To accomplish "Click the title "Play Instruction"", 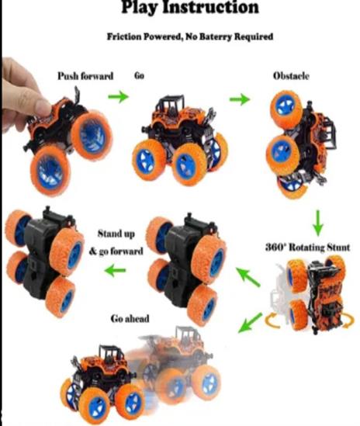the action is coord(189,7).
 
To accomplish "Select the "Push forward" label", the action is coord(85,76).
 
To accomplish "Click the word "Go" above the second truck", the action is coord(139,75).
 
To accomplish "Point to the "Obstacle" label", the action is coord(291,76).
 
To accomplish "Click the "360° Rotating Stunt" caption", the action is coord(307,248).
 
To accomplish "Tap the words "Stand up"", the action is coord(116,234).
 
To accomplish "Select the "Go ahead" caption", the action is coord(130,318).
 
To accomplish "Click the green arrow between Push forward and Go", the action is coord(119,96).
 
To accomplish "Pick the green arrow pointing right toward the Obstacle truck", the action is coord(240,99).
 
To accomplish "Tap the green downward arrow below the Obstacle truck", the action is coord(318,223).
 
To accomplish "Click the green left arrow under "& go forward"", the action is coord(115,270).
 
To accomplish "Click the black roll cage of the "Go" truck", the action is coord(171,103).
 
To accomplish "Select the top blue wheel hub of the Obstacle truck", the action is coord(285,106).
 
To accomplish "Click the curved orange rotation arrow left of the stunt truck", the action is coord(272,321).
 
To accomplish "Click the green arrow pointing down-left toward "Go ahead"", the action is coord(250,323).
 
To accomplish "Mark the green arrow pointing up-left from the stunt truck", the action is coord(248,277).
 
